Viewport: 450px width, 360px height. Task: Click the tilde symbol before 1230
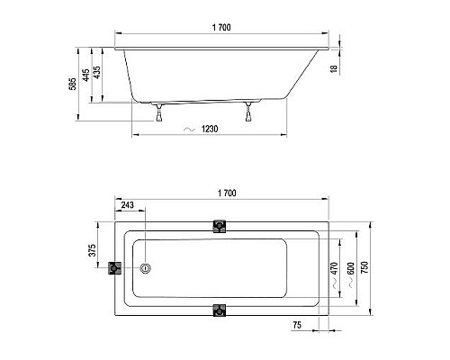click(x=188, y=130)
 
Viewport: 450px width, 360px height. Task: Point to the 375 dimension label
click(x=93, y=251)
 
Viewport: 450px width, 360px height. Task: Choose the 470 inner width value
click(x=334, y=267)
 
